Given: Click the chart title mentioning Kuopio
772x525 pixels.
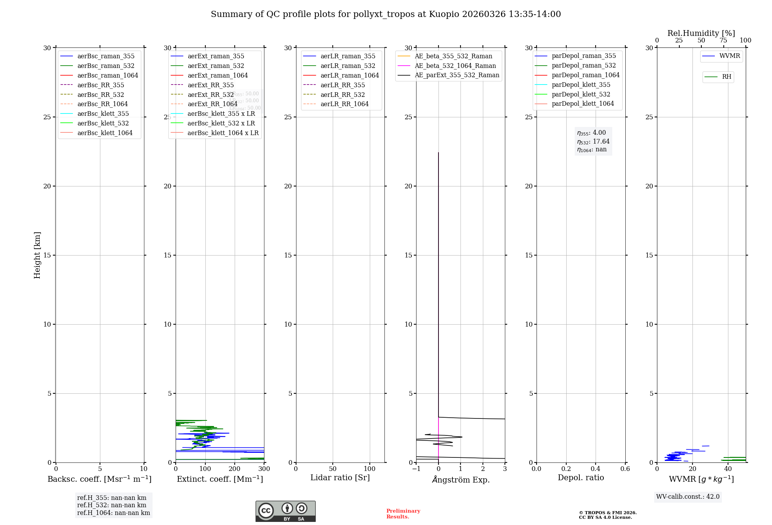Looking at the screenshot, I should (x=386, y=14).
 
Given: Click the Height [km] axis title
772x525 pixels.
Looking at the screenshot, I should (x=37, y=255).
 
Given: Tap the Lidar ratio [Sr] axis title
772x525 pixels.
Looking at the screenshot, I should (x=340, y=478).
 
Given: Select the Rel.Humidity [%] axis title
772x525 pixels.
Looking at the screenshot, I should (x=701, y=33).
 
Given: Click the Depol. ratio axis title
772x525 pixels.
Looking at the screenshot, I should (x=581, y=478).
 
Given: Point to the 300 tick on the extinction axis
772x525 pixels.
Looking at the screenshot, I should (x=264, y=469).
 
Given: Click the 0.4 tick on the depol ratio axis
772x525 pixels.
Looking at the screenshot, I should (x=596, y=469).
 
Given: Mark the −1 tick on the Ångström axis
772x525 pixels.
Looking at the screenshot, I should (x=416, y=469).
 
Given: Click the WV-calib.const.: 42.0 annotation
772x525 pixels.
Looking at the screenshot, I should (x=688, y=496).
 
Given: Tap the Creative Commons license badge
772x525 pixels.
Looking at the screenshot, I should (x=285, y=511).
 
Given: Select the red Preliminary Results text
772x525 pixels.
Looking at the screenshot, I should (x=403, y=514).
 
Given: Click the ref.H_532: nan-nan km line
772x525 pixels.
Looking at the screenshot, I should (x=112, y=505).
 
